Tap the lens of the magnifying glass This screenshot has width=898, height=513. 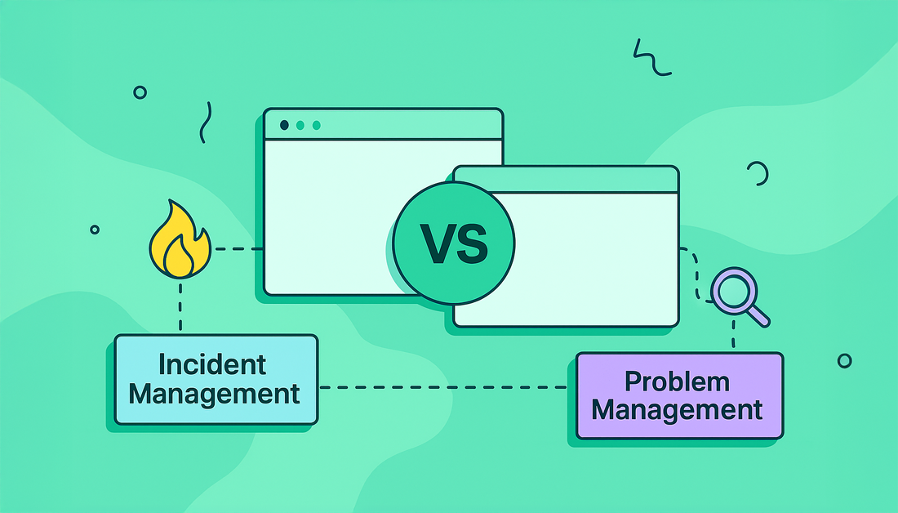tap(732, 288)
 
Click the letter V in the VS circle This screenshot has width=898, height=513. tap(436, 243)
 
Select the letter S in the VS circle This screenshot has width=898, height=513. tap(471, 243)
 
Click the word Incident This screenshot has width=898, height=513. tap(213, 364)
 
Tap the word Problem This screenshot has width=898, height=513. tap(678, 381)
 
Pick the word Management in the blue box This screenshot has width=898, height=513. tap(215, 394)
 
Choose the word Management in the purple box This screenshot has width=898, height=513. tap(678, 409)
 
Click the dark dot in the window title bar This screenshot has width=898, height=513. tap(284, 125)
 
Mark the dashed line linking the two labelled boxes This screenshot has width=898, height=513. tap(446, 387)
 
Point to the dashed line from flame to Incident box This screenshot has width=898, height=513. tap(180, 306)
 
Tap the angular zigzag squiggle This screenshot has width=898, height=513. tap(651, 58)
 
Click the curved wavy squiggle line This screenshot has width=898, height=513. tap(206, 122)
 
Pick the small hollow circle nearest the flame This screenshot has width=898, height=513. tap(95, 230)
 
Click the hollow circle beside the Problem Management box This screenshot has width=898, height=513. tap(844, 360)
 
